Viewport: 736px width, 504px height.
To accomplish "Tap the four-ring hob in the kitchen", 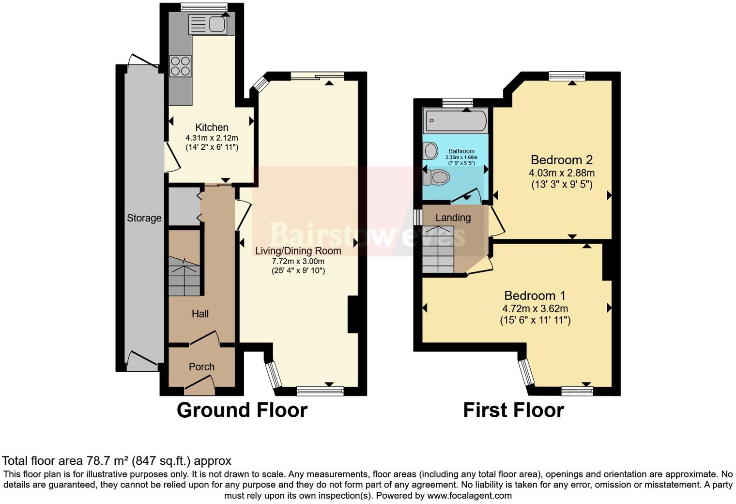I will click(180, 66).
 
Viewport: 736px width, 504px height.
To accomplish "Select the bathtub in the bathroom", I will click(456, 121).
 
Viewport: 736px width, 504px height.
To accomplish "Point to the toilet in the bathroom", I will click(436, 177).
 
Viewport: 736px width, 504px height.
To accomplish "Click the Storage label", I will click(144, 218).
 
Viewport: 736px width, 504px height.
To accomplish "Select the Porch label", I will click(201, 367).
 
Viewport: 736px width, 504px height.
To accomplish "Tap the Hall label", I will click(200, 314).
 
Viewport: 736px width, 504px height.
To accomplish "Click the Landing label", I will click(453, 218).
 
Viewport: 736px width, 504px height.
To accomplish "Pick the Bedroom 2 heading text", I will click(562, 160).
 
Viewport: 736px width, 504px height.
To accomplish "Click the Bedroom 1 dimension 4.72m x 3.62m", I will click(535, 309).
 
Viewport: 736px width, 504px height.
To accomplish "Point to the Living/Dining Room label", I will click(298, 251).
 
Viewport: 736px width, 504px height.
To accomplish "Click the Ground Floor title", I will click(242, 410).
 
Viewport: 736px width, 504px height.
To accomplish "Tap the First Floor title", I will click(513, 410).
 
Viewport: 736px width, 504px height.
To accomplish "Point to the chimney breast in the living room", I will click(353, 314).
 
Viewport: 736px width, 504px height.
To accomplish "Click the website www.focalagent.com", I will click(470, 496).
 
